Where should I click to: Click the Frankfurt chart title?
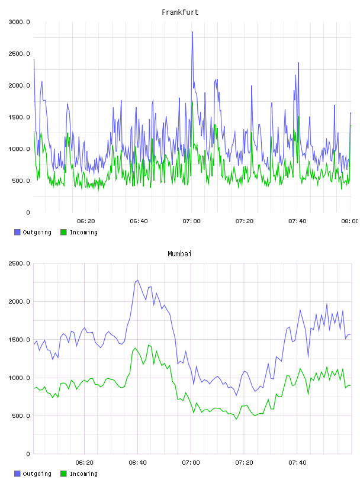point(180,12)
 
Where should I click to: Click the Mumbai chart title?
point(179,254)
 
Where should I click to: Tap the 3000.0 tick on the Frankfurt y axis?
point(19,22)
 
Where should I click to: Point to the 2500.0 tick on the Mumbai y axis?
point(19,263)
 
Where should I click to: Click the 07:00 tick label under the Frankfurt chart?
point(191,221)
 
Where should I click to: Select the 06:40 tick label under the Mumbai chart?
point(138,463)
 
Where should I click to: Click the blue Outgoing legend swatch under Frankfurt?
point(17,232)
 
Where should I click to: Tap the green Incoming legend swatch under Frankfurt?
point(63,232)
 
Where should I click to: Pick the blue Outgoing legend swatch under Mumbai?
point(17,474)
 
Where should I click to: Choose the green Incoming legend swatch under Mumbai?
point(63,474)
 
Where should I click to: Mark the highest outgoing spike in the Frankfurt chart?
point(192,32)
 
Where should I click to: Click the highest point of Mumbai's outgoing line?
point(138,281)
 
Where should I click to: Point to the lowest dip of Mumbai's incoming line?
point(236,419)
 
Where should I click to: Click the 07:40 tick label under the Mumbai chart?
point(297,463)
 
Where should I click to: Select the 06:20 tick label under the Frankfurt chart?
point(86,221)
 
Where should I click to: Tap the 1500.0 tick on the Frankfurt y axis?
point(19,117)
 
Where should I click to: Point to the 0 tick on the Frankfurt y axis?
point(28,212)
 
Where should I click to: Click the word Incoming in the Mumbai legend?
point(83,474)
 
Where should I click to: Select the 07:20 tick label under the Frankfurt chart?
point(245,221)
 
